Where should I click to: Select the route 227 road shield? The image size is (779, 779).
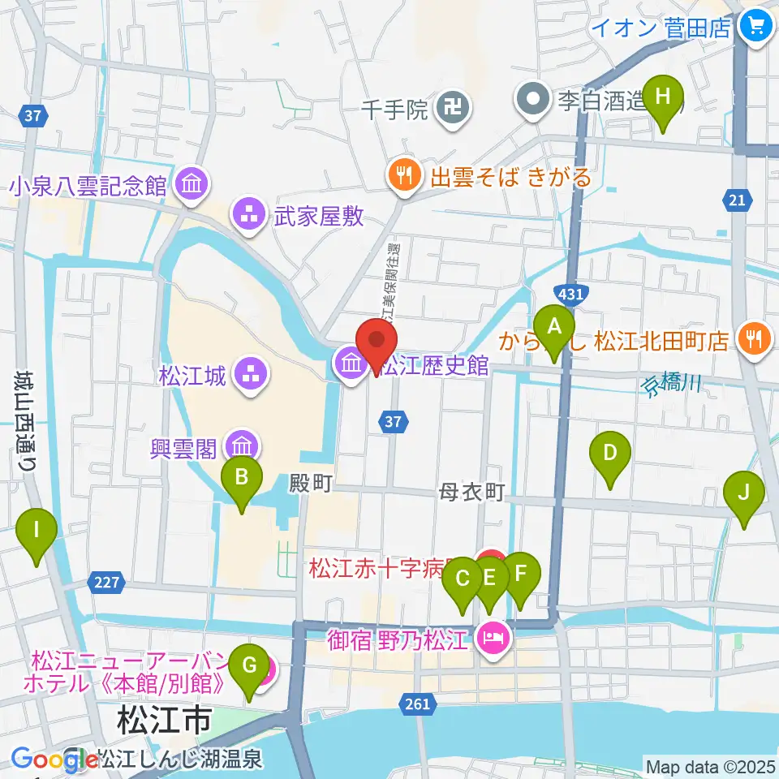(109, 582)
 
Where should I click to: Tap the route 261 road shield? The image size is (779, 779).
(416, 704)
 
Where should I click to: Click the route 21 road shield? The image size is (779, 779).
(737, 200)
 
